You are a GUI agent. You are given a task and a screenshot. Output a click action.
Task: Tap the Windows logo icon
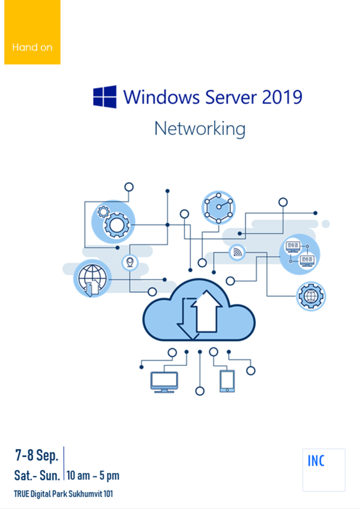click(105, 97)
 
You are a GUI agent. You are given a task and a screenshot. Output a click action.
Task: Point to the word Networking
click(200, 129)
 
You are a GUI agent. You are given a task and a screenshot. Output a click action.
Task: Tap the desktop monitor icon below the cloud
click(164, 382)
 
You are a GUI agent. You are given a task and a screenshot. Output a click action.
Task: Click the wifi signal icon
click(237, 253)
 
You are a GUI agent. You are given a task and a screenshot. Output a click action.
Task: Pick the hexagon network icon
click(218, 207)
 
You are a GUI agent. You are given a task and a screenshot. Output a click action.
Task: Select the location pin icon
click(130, 262)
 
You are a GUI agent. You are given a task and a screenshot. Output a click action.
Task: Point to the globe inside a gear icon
click(311, 296)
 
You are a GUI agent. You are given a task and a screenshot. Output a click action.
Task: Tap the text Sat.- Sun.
click(37, 475)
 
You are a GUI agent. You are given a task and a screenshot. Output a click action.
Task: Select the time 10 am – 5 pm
click(93, 475)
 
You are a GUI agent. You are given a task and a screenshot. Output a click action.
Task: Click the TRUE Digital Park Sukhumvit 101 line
click(63, 494)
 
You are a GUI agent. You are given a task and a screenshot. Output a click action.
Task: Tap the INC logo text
click(316, 461)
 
